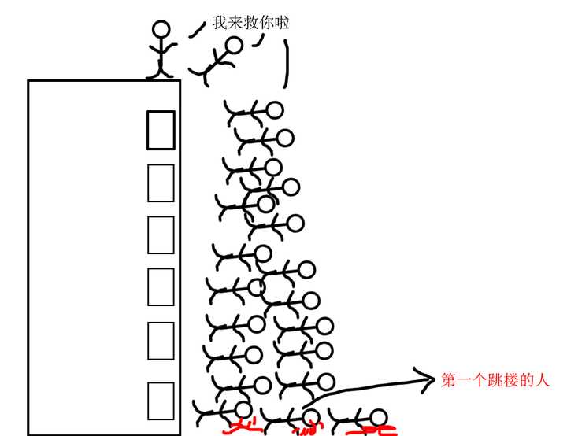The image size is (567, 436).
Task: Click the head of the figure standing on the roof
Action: coord(161,30)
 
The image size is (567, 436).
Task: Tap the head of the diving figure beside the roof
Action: coord(234,46)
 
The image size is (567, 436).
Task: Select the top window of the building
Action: coord(161,130)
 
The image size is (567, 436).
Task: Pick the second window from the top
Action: coord(161,183)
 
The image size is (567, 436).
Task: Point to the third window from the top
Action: coord(161,235)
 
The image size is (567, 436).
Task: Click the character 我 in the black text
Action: coord(220,23)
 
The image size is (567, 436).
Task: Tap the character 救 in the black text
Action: coord(252,23)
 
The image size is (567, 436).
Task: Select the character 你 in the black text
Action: coord(268,23)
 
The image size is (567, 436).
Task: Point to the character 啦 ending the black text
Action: coord(283,23)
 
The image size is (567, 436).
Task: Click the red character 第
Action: coord(449,381)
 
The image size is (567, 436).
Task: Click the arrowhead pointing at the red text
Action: coord(430,379)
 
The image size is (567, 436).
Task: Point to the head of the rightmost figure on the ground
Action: coord(379,417)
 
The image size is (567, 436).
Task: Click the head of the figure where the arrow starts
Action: coord(312,417)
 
